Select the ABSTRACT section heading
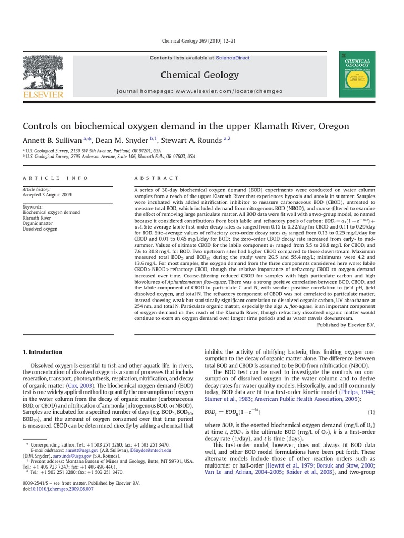(157, 178)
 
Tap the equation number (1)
(371, 412)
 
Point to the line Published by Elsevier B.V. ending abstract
(346, 325)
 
